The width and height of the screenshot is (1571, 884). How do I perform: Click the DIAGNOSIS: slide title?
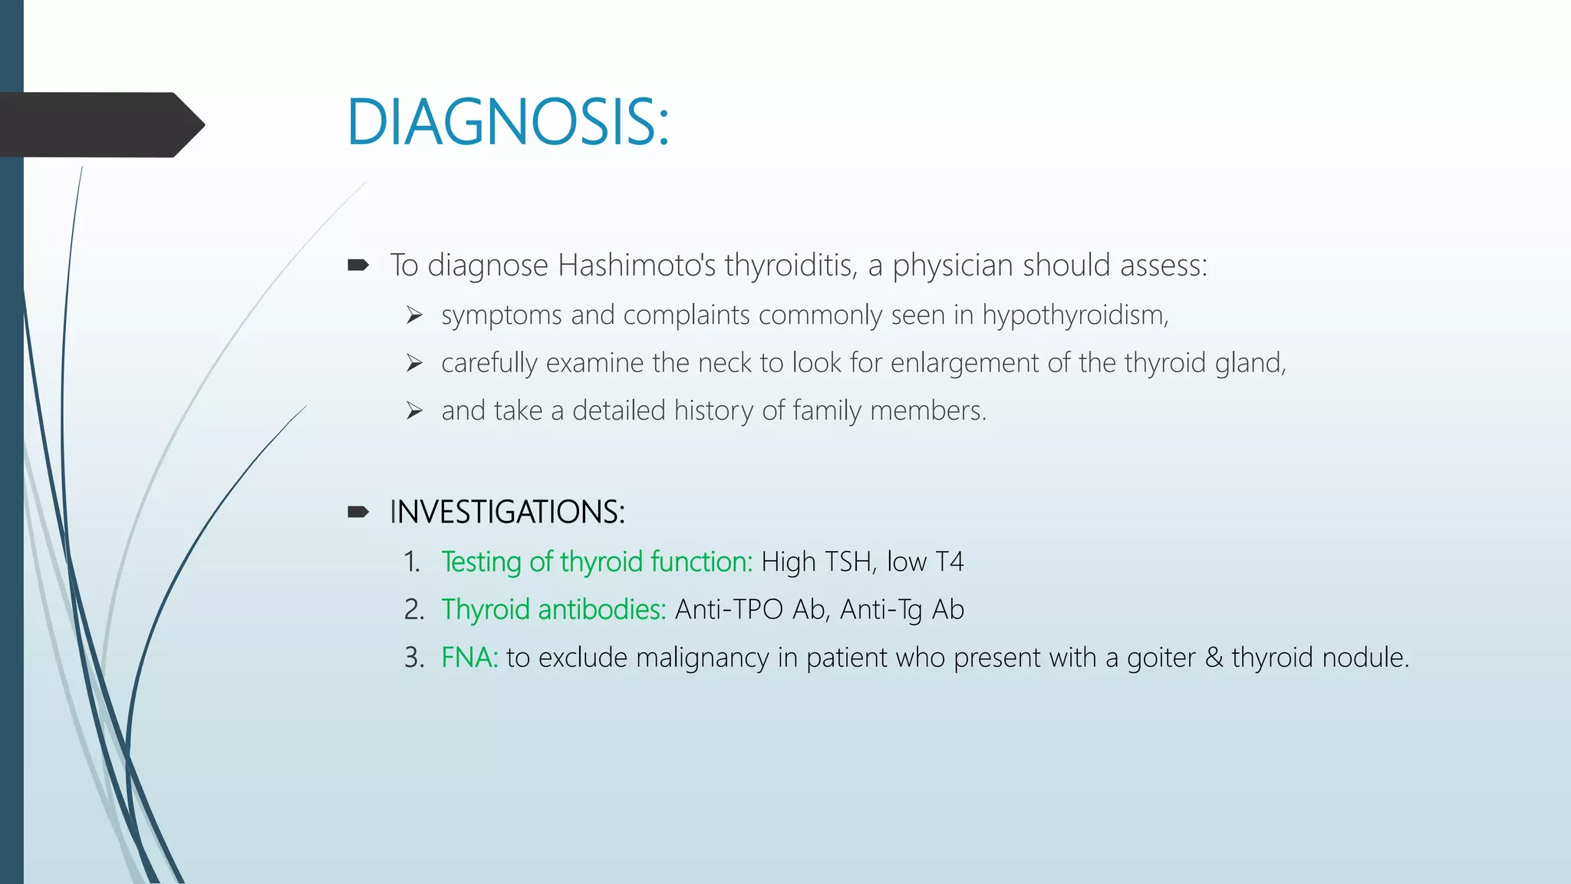[508, 123]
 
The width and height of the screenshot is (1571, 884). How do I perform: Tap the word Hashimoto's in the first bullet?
[637, 266]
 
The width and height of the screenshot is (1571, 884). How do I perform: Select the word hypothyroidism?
[1074, 315]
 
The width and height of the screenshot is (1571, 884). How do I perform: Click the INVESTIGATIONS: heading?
[507, 512]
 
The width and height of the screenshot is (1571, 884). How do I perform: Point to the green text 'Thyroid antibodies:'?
[553, 609]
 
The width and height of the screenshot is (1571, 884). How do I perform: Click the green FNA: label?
[469, 658]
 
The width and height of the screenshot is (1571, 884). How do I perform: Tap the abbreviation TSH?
[848, 562]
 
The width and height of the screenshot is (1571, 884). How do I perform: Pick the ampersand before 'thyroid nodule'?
[1214, 658]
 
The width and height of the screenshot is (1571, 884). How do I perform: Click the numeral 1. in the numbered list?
[412, 562]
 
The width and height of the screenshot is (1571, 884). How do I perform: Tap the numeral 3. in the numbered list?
[413, 658]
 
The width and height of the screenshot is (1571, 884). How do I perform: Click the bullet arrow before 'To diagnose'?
[358, 266]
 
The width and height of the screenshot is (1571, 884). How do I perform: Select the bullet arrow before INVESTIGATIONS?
[358, 512]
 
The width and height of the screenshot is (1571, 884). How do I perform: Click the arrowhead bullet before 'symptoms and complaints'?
[414, 315]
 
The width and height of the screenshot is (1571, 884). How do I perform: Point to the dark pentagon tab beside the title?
[100, 124]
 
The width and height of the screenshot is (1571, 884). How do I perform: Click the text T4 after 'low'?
[950, 562]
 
